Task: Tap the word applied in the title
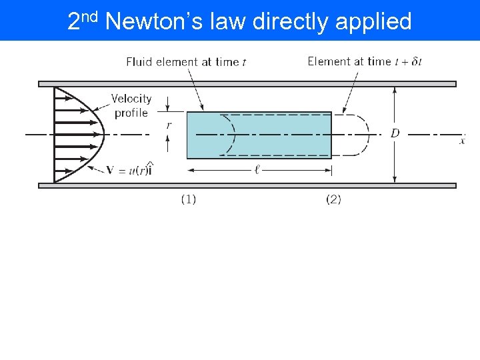[x=373, y=22]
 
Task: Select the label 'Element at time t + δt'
[x=364, y=61]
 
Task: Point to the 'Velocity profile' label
[x=131, y=105]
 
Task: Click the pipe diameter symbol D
[x=395, y=134]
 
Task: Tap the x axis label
[x=462, y=141]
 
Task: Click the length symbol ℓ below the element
[x=257, y=170]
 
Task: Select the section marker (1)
[x=189, y=199]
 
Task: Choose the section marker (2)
[x=333, y=199]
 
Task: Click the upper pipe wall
[x=247, y=84]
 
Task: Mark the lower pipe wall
[x=247, y=185]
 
